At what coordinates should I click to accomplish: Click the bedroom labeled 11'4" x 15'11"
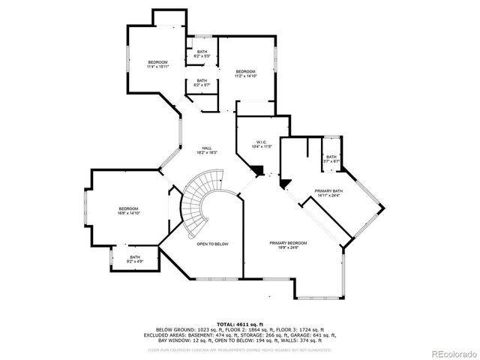157,64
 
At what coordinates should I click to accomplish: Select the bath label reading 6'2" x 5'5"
202,53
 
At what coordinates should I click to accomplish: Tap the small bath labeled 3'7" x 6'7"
331,158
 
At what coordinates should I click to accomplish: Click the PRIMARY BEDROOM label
288,245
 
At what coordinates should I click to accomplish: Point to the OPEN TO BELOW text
212,244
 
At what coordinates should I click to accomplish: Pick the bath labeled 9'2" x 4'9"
134,259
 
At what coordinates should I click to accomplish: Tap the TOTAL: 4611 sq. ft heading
239,324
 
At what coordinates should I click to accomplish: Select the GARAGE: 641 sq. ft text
317,334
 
